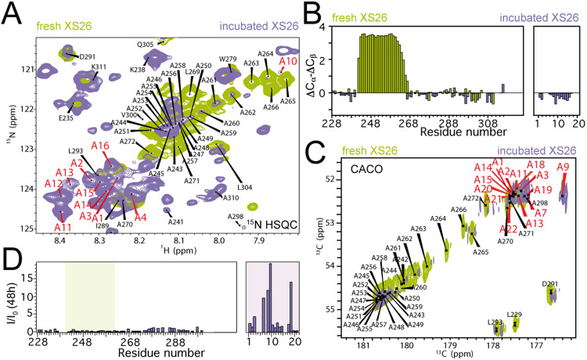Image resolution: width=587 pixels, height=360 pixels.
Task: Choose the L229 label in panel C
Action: tap(514, 315)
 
